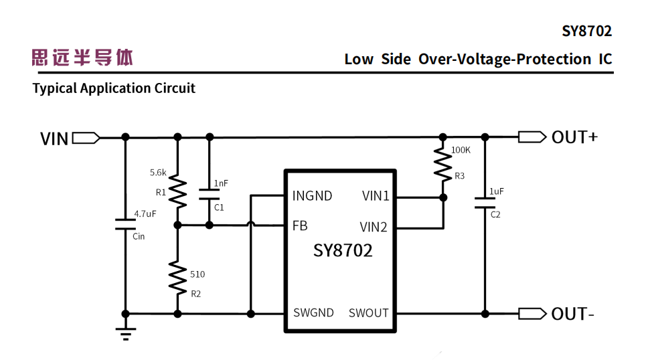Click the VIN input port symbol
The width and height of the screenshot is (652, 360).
86,138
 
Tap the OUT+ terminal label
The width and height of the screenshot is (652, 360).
574,137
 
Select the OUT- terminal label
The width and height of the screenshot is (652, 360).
572,314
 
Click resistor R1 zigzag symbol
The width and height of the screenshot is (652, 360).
177,191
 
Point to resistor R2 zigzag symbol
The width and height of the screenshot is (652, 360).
177,276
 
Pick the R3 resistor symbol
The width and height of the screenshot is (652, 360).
442,164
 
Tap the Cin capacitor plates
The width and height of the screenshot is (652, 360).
125,224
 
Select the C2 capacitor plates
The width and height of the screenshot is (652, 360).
485,203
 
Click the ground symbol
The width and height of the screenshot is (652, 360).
125,332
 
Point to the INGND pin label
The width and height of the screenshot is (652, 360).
312,196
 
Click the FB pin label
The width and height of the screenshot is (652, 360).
300,226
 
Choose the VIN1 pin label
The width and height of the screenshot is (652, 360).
376,196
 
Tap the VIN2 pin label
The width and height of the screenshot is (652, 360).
374,228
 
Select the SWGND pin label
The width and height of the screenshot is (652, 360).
313,312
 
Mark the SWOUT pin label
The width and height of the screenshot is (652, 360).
368,312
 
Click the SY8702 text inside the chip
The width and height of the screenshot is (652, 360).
343,251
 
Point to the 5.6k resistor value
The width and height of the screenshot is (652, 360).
158,173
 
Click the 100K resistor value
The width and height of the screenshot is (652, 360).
461,150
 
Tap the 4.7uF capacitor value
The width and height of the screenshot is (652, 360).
145,214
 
